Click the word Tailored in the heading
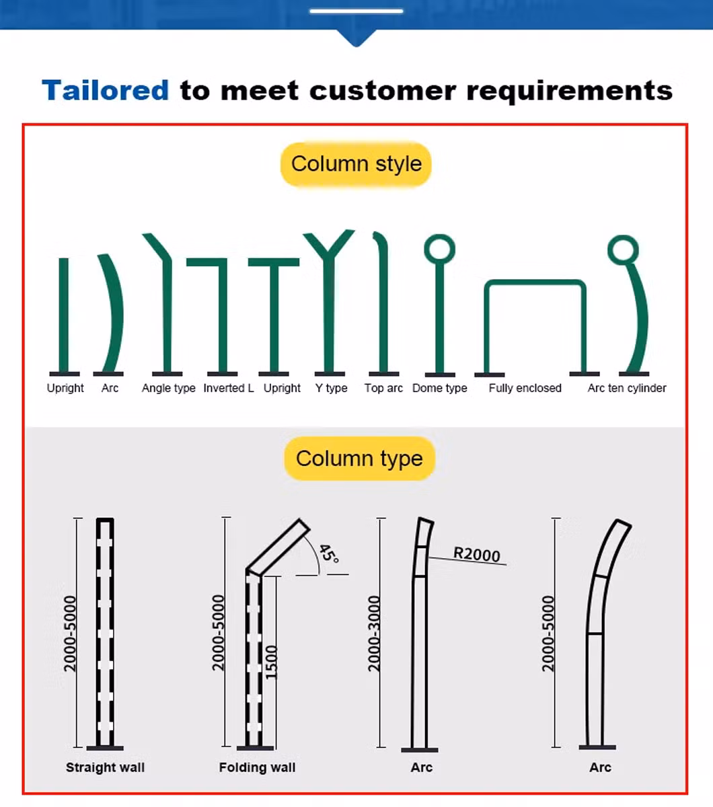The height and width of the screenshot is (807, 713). (x=106, y=90)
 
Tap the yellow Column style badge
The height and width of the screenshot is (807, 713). (x=356, y=164)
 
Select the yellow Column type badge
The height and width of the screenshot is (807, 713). (x=359, y=459)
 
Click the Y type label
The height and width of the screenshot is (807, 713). (x=331, y=388)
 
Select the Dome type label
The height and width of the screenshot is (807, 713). (x=439, y=388)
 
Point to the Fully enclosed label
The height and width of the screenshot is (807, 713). (x=525, y=388)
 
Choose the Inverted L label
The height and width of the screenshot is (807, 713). (x=229, y=388)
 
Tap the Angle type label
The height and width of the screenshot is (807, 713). (x=168, y=388)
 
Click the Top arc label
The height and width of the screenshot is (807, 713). (x=383, y=388)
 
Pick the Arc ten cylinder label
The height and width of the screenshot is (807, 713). (x=627, y=388)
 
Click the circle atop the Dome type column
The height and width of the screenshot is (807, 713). (x=439, y=249)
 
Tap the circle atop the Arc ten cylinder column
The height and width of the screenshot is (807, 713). (x=623, y=249)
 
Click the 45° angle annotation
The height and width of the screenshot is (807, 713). (x=329, y=553)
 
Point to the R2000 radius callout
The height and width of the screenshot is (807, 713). (x=476, y=553)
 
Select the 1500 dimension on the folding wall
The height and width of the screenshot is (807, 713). (x=271, y=662)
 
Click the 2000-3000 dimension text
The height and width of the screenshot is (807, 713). (x=375, y=633)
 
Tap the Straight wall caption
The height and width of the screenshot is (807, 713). (x=105, y=767)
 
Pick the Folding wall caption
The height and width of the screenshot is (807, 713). (x=257, y=767)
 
